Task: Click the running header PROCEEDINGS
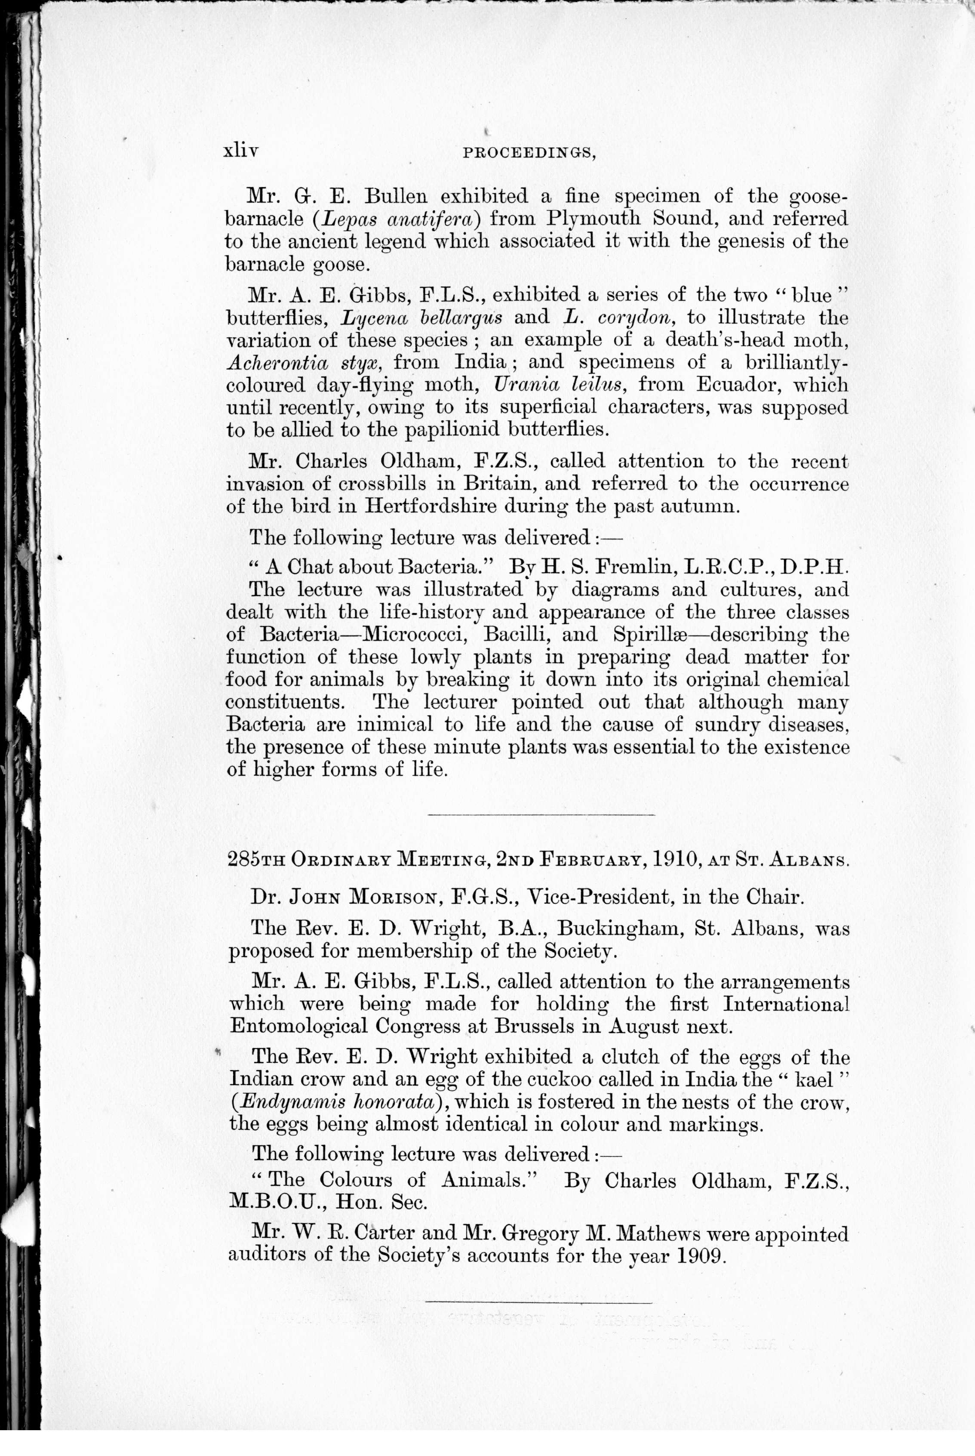coord(530,154)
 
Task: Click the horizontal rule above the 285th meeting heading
coord(541,814)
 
